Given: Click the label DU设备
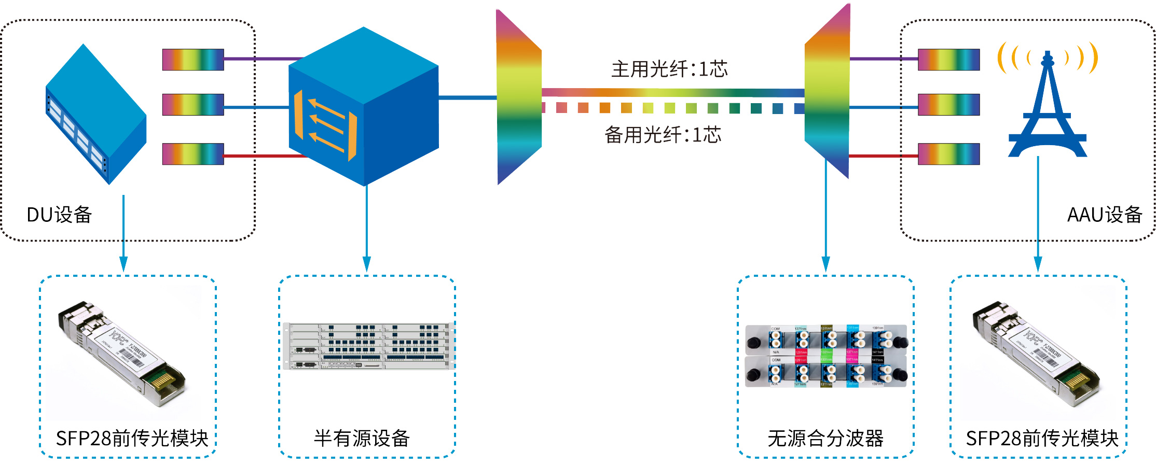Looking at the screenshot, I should tap(59, 215).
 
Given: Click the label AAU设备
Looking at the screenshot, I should tap(1104, 215).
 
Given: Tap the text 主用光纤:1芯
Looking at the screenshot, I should tap(669, 69).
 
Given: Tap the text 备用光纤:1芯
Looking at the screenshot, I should tap(663, 135).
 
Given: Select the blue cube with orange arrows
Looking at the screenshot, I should tap(363, 106).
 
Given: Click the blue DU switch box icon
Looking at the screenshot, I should tap(96, 114).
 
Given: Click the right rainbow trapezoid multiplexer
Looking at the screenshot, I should tap(827, 93).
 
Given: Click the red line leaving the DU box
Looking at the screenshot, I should tap(265, 155).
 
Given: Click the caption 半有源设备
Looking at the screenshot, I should tap(362, 439).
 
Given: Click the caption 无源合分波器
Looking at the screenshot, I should tap(825, 439).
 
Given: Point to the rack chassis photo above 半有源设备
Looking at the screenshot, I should tap(368, 346).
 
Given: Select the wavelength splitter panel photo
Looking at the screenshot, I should tap(826, 356).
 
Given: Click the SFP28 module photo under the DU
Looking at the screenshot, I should tap(122, 352).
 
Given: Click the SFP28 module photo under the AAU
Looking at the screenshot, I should tap(1036, 352).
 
